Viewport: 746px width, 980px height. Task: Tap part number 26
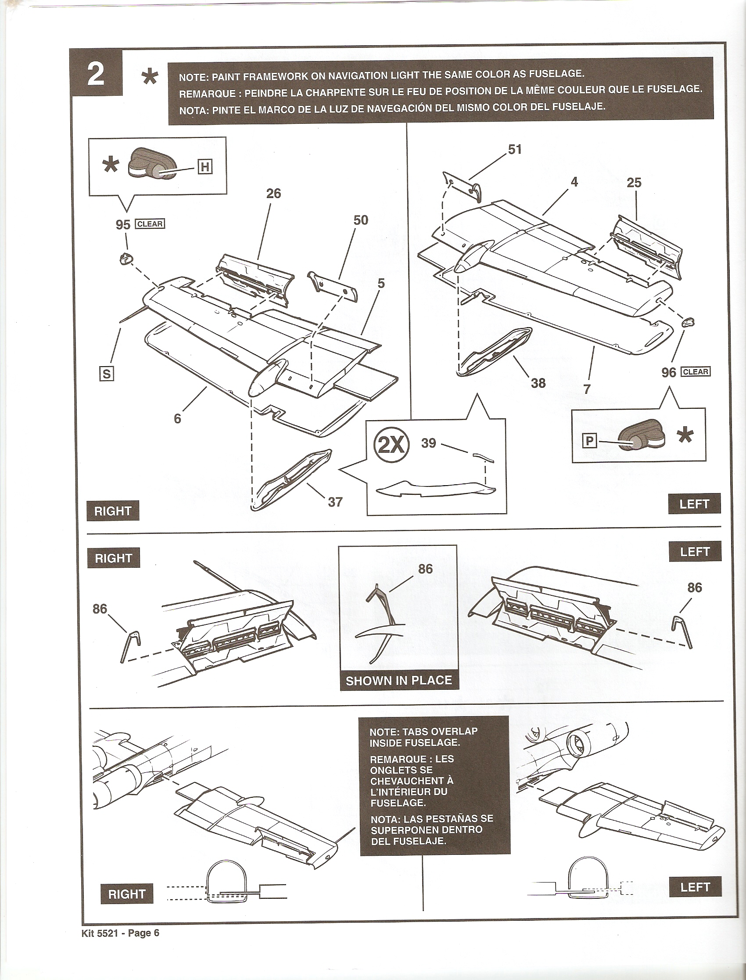tap(273, 193)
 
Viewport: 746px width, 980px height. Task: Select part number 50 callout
tap(361, 220)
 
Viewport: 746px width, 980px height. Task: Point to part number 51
tap(515, 149)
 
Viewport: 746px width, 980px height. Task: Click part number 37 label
tap(335, 502)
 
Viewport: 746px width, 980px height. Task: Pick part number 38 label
tap(538, 383)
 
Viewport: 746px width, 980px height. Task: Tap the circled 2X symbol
tap(391, 444)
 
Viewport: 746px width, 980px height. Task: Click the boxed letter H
tap(205, 167)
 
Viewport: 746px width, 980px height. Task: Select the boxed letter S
tap(107, 374)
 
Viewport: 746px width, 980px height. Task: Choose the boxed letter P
tap(589, 441)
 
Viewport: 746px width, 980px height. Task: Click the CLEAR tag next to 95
tap(150, 224)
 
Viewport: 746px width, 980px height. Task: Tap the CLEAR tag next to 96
tap(696, 371)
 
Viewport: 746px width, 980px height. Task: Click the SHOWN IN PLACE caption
tap(398, 680)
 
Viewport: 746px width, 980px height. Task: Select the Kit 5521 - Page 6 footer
tap(120, 946)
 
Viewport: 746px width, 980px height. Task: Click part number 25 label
tap(634, 183)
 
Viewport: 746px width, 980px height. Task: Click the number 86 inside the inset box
tap(425, 569)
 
